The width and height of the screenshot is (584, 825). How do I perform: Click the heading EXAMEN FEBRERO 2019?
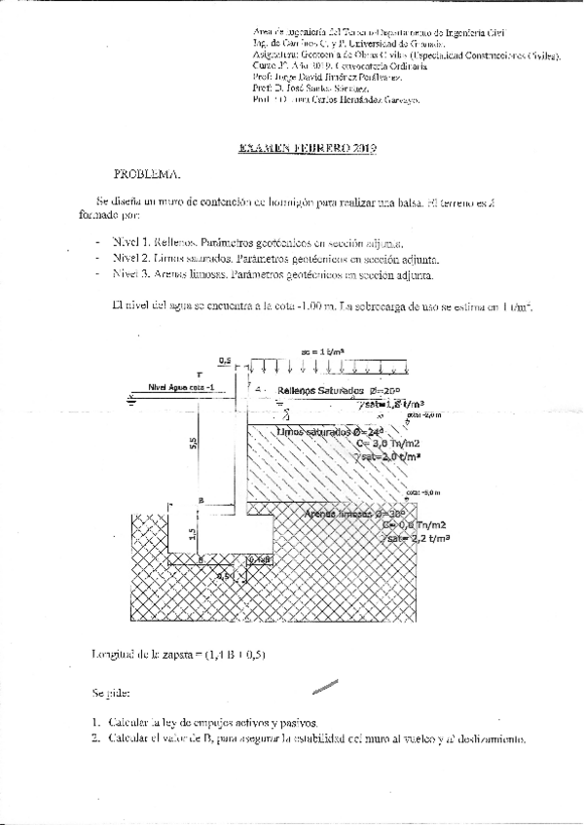point(307,149)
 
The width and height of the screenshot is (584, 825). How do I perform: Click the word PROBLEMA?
point(147,175)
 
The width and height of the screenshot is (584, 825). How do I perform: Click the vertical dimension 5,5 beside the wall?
point(195,444)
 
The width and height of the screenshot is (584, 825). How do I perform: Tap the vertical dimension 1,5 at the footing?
point(193,533)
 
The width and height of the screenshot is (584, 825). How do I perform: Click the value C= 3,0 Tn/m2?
point(388,444)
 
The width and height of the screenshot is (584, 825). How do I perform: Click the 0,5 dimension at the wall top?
point(225,360)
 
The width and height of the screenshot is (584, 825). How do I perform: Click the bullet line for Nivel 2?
point(275,259)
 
